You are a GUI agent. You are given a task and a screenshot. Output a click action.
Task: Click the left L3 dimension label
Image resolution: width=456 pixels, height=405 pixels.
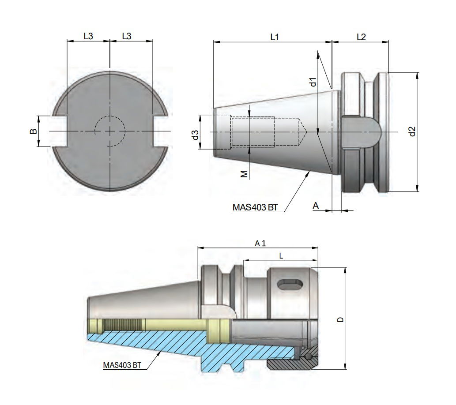pyautogui.click(x=88, y=37)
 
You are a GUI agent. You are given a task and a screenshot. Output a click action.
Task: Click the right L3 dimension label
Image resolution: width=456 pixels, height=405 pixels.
pyautogui.click(x=126, y=37)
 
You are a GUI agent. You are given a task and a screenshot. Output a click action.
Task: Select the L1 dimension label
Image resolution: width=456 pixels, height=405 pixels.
pyautogui.click(x=275, y=37)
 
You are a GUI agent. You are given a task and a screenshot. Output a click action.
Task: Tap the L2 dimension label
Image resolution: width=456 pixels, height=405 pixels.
pyautogui.click(x=361, y=37)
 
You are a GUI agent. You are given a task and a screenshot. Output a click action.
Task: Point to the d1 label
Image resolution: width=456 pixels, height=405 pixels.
pyautogui.click(x=313, y=82)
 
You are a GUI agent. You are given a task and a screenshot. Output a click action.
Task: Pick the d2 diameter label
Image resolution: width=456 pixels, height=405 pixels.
pyautogui.click(x=412, y=131)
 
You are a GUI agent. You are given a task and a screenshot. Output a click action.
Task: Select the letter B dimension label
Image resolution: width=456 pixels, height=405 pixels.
pyautogui.click(x=32, y=131)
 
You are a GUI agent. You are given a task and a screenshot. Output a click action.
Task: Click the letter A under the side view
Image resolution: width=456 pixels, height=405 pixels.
pyautogui.click(x=315, y=205)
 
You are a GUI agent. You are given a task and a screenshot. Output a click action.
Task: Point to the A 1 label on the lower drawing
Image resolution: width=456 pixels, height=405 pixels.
pyautogui.click(x=260, y=243)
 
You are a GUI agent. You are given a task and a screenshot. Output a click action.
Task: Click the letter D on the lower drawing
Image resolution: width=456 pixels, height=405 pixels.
pyautogui.click(x=339, y=319)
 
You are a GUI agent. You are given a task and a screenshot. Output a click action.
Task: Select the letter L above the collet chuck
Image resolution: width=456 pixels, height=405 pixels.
pyautogui.click(x=281, y=255)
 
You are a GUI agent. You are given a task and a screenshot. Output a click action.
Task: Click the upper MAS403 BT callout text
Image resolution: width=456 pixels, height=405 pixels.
pyautogui.click(x=255, y=208)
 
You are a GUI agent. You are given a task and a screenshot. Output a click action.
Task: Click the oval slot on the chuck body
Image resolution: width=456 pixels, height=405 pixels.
pyautogui.click(x=290, y=285)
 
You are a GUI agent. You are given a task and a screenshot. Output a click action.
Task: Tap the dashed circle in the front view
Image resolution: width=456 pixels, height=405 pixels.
pyautogui.click(x=110, y=131)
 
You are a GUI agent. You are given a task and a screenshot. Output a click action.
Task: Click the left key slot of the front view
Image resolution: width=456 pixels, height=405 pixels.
pyautogui.click(x=60, y=131)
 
